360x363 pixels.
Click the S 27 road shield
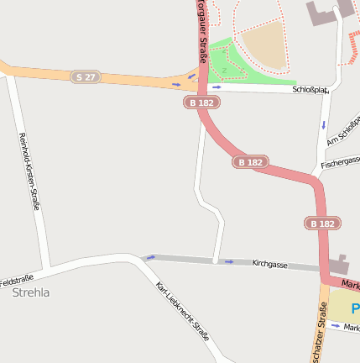tap(85, 76)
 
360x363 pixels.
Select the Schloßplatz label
tap(310, 89)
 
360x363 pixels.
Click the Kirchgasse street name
tap(269, 264)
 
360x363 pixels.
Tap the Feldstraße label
tap(16, 279)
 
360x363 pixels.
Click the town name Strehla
tap(31, 292)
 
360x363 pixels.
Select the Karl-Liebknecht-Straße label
tap(183, 311)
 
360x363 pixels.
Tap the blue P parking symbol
tap(355, 308)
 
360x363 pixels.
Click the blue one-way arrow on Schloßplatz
tap(217, 87)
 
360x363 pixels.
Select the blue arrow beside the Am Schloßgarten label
tap(323, 124)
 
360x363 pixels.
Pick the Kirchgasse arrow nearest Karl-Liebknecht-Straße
tap(150, 257)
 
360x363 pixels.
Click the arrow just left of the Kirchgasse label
tap(229, 261)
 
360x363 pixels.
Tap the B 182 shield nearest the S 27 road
tap(201, 102)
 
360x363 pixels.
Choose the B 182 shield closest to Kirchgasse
tap(321, 224)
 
